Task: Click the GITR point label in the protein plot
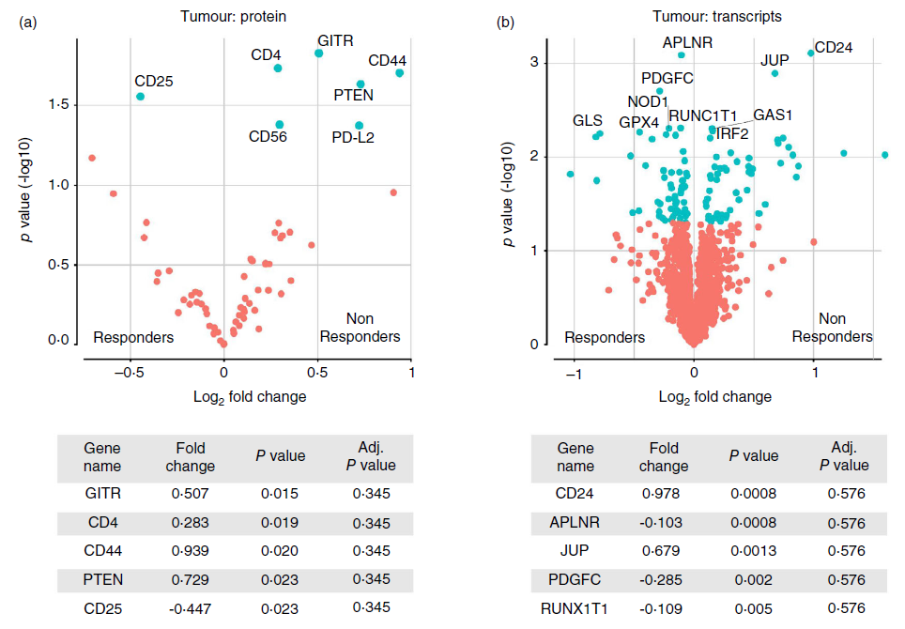click(x=335, y=40)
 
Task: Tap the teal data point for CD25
click(x=140, y=97)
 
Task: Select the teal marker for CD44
click(x=400, y=73)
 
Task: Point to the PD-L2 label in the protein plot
click(x=353, y=137)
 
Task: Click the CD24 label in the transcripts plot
click(x=834, y=47)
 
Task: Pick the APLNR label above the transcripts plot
click(x=687, y=42)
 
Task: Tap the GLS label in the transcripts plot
click(x=588, y=121)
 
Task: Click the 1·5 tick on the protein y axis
click(x=56, y=105)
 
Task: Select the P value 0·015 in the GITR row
click(x=281, y=493)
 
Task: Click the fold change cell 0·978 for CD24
click(x=664, y=493)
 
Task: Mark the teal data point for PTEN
click(x=360, y=84)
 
